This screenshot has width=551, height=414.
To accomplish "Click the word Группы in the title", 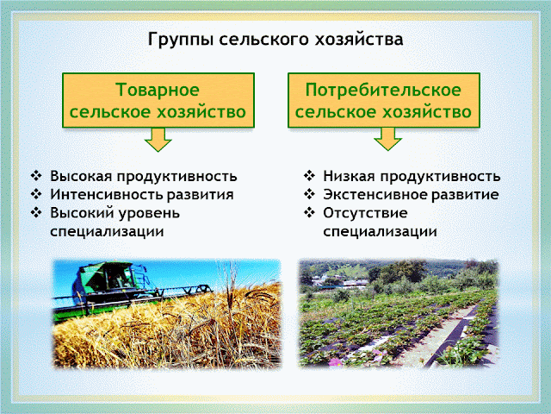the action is pos(180,40).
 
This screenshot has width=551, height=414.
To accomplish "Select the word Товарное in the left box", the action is pos(158,90).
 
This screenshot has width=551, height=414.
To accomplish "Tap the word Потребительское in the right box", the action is pos(383,90).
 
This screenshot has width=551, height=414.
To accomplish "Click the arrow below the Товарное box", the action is pos(158,140).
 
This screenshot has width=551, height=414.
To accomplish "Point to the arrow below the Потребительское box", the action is pos(387,139).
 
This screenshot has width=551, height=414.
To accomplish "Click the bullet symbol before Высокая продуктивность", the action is pos(36,176).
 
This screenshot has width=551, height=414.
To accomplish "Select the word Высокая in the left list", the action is pos(82,176).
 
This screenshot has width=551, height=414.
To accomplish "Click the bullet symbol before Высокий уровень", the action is pos(36,213).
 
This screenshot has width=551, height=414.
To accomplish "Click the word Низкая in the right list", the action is pos(349,176).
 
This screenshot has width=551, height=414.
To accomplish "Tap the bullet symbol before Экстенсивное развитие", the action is pos(309,194).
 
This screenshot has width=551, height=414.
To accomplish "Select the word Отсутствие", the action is pos(365,213).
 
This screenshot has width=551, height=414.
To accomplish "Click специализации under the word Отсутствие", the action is pos(381,232).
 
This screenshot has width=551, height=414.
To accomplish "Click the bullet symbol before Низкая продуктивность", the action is pos(309,176).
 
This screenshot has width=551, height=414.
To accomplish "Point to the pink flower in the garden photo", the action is pos(335,362).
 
